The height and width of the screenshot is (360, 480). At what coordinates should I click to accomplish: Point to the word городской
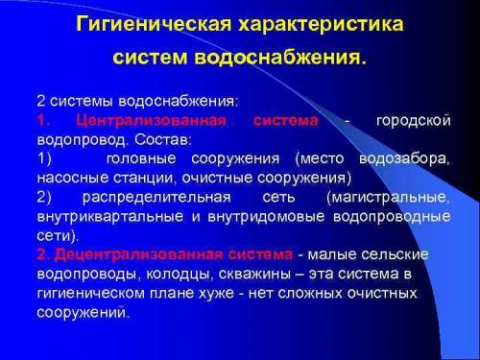tap(413, 121)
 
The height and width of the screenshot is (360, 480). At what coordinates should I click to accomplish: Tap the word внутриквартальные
tap(99, 217)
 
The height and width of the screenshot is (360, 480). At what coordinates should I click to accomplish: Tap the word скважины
tap(228, 275)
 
